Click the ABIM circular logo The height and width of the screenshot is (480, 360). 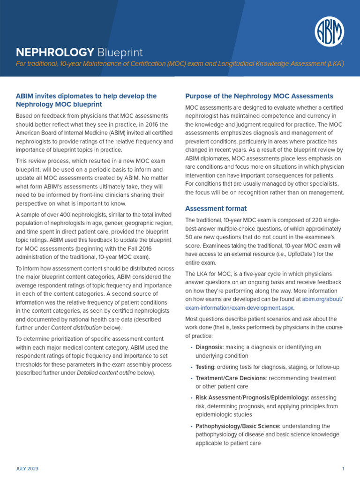point(329,32)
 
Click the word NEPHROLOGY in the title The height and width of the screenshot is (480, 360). point(55,52)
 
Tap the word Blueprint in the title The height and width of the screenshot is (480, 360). point(120,52)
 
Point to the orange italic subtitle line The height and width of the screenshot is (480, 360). point(180,64)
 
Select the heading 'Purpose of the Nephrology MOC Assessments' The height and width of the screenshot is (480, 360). point(259,96)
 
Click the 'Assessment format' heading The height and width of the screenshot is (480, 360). point(216,208)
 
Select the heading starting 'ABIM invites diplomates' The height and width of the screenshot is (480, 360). point(86,100)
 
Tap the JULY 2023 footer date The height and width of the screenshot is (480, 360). point(27,469)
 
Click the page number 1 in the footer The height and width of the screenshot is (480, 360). point(343,469)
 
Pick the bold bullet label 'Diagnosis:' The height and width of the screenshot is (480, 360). point(210,347)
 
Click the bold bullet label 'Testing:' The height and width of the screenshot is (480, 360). point(205,367)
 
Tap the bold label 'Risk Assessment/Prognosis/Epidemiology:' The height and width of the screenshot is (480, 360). point(252,397)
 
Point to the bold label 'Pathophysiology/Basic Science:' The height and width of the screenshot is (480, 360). point(238,426)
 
